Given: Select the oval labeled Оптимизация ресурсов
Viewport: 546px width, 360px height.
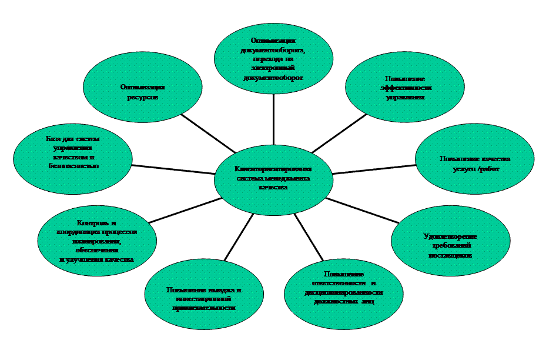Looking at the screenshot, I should (x=142, y=91).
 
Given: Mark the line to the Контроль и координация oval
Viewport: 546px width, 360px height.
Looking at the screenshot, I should (x=183, y=210).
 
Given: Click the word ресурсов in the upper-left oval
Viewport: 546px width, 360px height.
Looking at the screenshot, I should (x=142, y=97).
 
